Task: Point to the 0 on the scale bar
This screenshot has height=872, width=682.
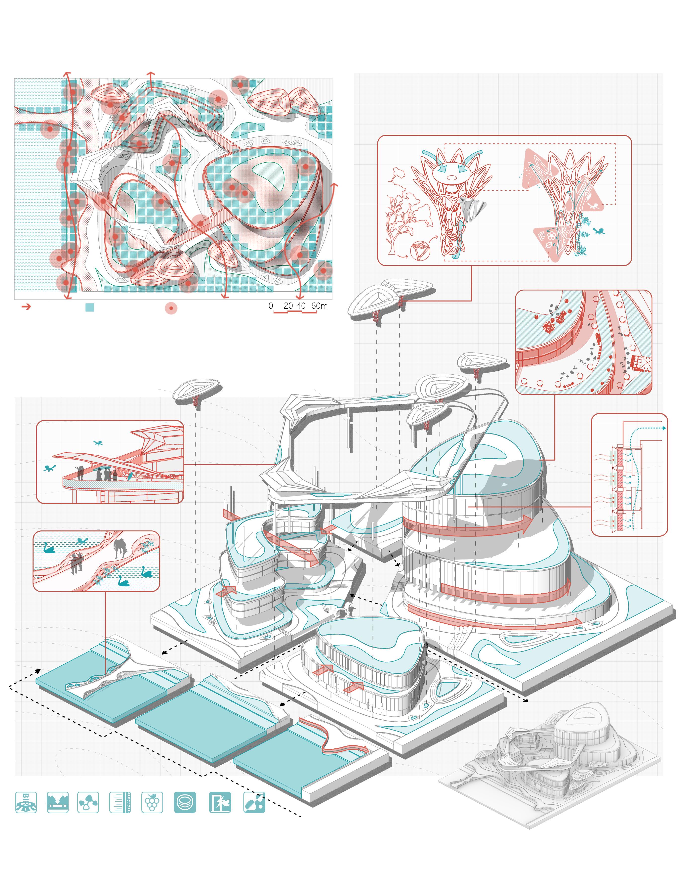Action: tap(271, 305)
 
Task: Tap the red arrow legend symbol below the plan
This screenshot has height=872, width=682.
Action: tap(26, 307)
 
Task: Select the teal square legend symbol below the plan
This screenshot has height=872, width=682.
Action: tap(90, 307)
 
